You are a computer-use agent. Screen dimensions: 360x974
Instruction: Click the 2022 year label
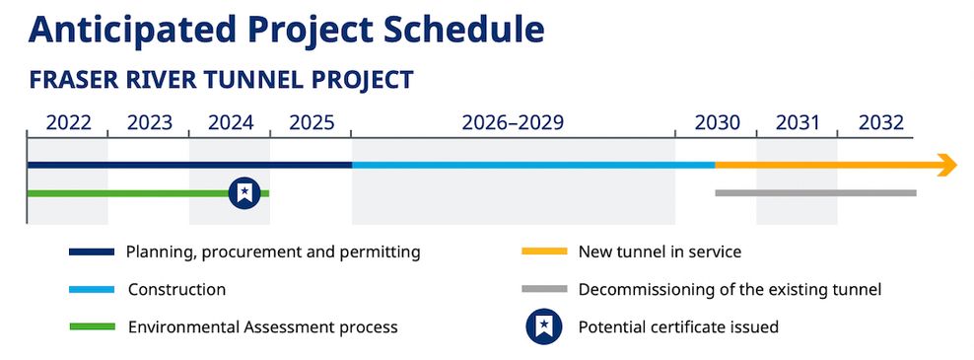(x=69, y=123)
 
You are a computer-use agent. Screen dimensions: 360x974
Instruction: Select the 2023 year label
(x=150, y=123)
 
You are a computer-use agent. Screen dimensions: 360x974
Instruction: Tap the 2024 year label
(x=231, y=123)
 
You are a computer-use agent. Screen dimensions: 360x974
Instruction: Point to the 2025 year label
(x=312, y=123)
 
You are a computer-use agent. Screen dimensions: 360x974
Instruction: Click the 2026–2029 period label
(x=513, y=123)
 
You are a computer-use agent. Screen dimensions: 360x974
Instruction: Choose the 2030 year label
(x=717, y=123)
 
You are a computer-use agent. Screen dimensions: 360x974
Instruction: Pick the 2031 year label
(x=798, y=123)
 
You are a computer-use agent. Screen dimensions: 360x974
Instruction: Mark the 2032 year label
(x=880, y=123)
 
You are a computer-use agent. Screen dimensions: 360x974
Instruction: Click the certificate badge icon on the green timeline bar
(x=243, y=193)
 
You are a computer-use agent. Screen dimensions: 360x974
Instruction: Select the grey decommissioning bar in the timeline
(x=815, y=192)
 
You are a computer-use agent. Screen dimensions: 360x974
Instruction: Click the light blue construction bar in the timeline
(x=532, y=165)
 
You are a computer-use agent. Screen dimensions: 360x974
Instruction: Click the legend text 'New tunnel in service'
(x=660, y=252)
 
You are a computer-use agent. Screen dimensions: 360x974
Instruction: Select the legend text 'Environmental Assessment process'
(x=262, y=326)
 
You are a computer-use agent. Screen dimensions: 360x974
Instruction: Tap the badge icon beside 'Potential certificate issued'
(x=543, y=326)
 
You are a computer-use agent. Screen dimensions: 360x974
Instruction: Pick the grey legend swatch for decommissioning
(x=543, y=290)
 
